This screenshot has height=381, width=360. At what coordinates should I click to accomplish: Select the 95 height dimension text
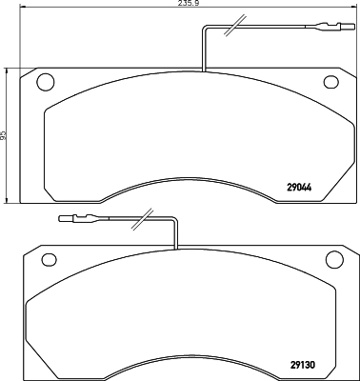pyautogui.click(x=5, y=135)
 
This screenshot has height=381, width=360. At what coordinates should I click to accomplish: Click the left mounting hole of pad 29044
pyautogui.click(x=43, y=82)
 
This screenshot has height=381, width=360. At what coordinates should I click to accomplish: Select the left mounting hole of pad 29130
pyautogui.click(x=45, y=259)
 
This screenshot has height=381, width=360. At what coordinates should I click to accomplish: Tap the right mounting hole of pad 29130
pyautogui.click(x=332, y=259)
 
